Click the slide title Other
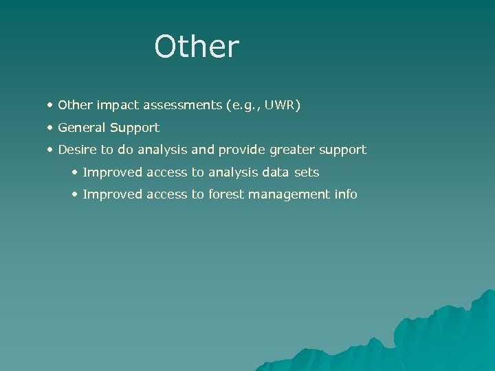[x=197, y=47]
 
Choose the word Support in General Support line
[x=135, y=128]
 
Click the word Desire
[x=76, y=149]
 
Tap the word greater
[x=294, y=150]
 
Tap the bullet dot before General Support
[x=51, y=128]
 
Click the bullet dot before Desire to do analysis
[x=51, y=150]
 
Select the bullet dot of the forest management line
[x=75, y=194]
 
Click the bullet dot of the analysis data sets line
[x=75, y=172]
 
